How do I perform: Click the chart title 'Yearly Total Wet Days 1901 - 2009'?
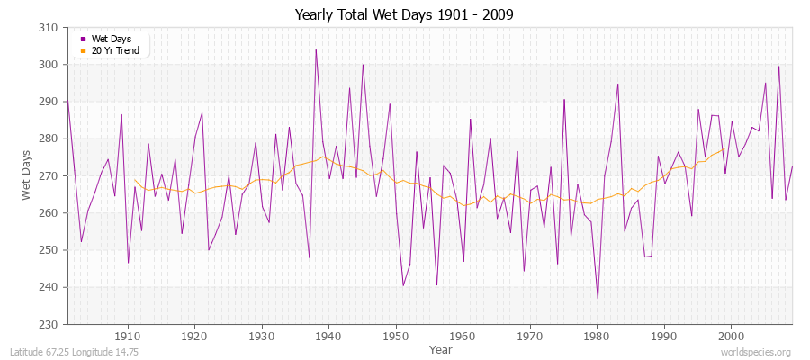pos(404,15)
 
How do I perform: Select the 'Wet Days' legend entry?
pos(111,39)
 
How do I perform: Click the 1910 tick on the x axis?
pos(128,336)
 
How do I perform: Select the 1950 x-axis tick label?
pos(396,336)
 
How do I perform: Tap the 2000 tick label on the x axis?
pos(731,336)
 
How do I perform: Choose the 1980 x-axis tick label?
pos(597,336)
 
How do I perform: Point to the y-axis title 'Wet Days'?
pos(26,175)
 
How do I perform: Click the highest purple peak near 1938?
pos(316,49)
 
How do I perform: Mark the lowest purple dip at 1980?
pos(597,298)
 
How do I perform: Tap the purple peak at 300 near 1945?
pos(363,64)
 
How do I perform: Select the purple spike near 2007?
pos(778,67)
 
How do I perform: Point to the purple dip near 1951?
pos(403,285)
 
